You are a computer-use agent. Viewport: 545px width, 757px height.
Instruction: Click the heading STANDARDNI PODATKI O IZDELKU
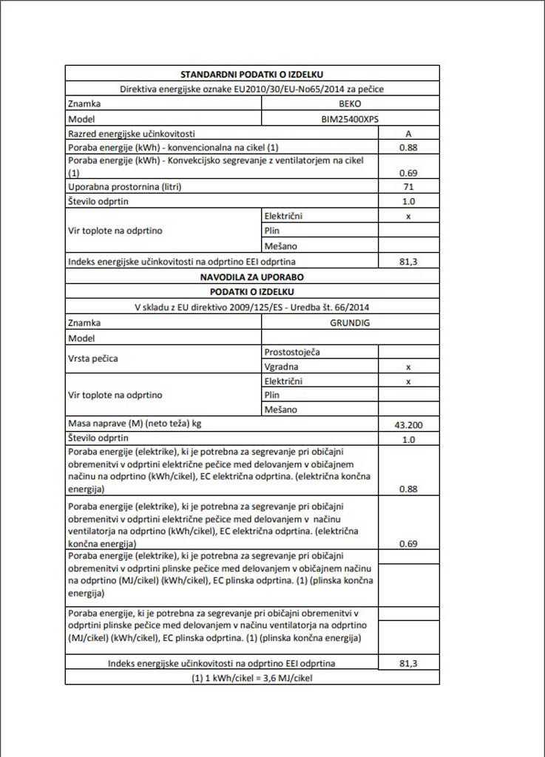pyautogui.click(x=252, y=74)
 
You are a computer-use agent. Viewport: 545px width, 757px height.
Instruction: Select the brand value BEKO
pyautogui.click(x=350, y=104)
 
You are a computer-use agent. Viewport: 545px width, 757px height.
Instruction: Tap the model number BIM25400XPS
pyautogui.click(x=350, y=118)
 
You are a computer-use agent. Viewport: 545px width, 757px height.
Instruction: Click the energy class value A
pyautogui.click(x=408, y=133)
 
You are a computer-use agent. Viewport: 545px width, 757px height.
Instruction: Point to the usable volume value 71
pyautogui.click(x=408, y=187)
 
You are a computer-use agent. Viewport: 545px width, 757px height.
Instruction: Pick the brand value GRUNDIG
pyautogui.click(x=350, y=323)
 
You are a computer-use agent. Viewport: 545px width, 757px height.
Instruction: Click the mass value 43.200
pyautogui.click(x=408, y=425)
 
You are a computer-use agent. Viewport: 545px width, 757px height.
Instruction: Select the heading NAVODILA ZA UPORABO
pyautogui.click(x=252, y=277)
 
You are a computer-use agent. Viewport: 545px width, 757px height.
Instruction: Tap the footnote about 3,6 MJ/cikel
pyautogui.click(x=252, y=678)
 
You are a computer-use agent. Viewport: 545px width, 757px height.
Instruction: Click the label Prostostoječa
pyautogui.click(x=292, y=353)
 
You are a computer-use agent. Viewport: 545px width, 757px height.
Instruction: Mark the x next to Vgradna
pyautogui.click(x=408, y=367)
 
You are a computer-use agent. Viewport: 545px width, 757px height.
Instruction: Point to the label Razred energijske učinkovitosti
pyautogui.click(x=132, y=133)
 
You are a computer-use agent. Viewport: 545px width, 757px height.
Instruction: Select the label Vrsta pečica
pyautogui.click(x=93, y=359)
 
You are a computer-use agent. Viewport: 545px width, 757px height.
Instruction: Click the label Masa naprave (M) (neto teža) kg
pyautogui.click(x=135, y=424)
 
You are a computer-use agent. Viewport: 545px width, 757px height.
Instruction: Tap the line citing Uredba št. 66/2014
pyautogui.click(x=252, y=308)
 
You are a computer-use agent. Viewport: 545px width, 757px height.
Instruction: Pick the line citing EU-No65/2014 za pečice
pyautogui.click(x=252, y=89)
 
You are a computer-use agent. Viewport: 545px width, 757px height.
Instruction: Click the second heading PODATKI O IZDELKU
pyautogui.click(x=252, y=292)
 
